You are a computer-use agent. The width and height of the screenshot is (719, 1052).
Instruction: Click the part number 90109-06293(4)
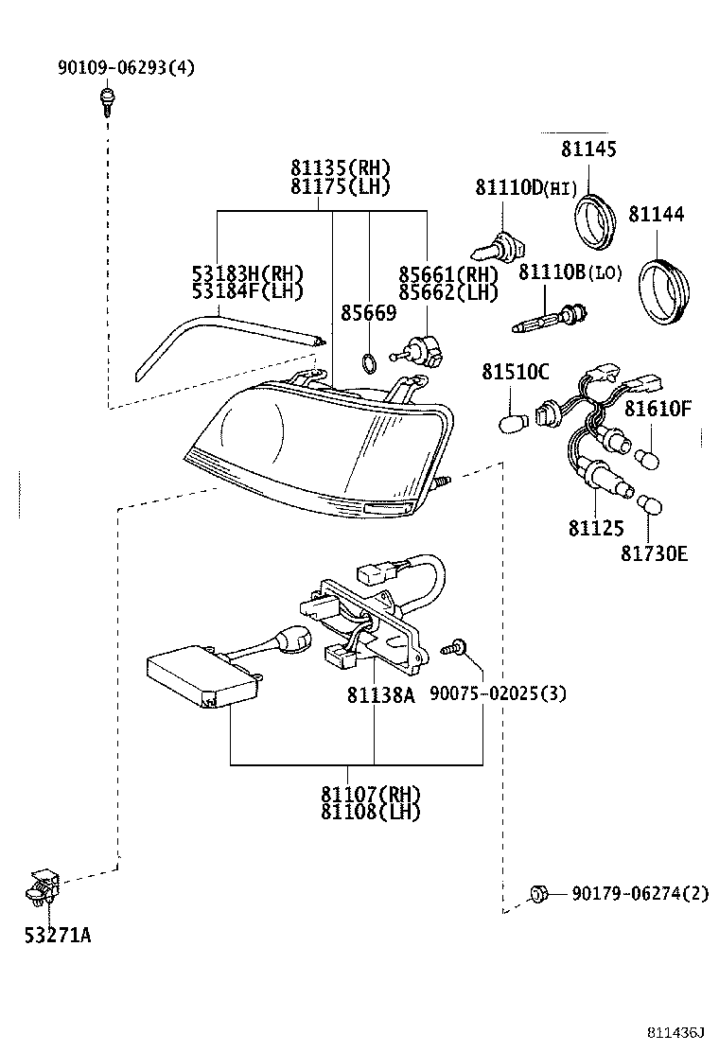pyautogui.click(x=126, y=68)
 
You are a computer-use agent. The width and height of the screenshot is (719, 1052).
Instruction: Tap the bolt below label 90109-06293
pyautogui.click(x=108, y=99)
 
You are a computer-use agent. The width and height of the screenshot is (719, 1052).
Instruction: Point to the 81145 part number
pyautogui.click(x=587, y=149)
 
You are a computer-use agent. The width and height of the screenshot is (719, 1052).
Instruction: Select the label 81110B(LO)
pyautogui.click(x=570, y=272)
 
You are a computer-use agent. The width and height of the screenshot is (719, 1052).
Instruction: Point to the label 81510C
pyautogui.click(x=515, y=372)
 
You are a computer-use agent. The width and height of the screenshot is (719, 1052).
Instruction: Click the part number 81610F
pyautogui.click(x=658, y=409)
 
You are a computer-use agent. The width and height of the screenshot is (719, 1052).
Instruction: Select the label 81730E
pyautogui.click(x=655, y=553)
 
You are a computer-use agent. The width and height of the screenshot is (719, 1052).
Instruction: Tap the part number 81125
pyautogui.click(x=595, y=529)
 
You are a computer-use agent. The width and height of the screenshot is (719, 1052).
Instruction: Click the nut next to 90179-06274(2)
pyautogui.click(x=538, y=892)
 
